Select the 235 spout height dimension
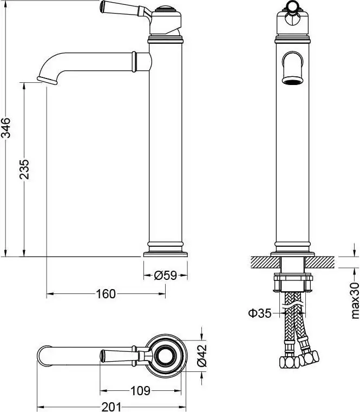(x=24, y=169)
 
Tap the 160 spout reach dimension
(x=106, y=294)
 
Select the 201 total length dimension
(x=112, y=406)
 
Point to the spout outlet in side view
(x=48, y=80)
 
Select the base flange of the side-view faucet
(x=165, y=253)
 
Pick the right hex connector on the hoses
(x=309, y=357)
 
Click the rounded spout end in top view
(x=41, y=356)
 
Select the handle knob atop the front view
(x=292, y=7)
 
